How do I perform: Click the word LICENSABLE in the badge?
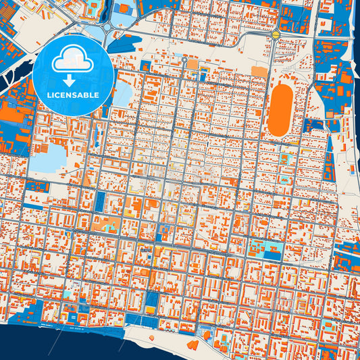73,95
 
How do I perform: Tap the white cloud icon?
73,59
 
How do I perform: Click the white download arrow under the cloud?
73,79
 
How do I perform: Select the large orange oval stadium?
280,109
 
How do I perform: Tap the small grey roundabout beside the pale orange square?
184,60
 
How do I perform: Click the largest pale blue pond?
47,159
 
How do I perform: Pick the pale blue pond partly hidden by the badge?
122,95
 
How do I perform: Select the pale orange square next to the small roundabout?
193,63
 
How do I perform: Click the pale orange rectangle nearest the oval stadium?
259,71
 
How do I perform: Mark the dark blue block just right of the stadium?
314,125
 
